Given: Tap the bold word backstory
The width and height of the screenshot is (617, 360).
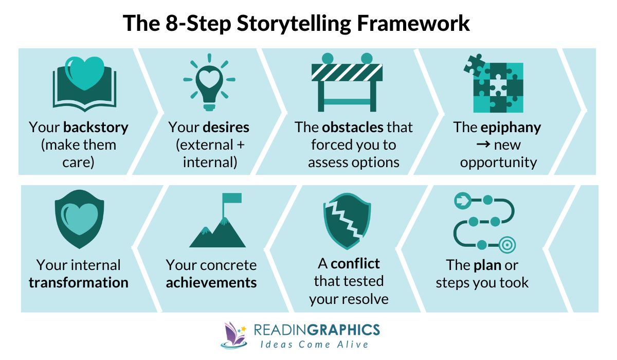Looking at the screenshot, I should tap(96, 127).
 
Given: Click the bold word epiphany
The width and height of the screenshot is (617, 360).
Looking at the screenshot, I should tap(512, 127).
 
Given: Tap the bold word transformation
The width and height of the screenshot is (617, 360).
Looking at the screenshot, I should tap(79, 282).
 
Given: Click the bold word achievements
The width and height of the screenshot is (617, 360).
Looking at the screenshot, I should tap(211, 282).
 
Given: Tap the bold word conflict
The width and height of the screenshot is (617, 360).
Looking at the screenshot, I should tap(355, 264).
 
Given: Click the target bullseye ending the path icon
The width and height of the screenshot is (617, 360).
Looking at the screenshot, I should tap(507, 245).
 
